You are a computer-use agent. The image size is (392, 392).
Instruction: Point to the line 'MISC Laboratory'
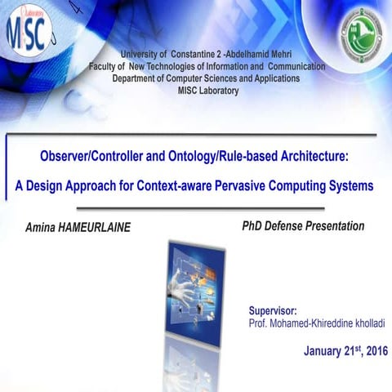[207, 91]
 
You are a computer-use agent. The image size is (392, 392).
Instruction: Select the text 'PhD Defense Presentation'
[303, 225]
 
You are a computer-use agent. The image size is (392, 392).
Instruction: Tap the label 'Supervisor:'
[272, 311]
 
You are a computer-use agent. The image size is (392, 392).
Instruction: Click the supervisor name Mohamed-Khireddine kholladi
[332, 324]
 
